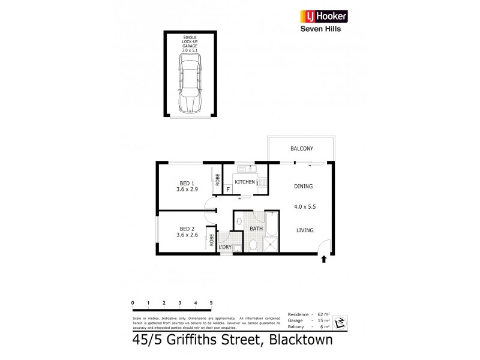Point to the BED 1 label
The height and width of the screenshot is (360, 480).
pyautogui.click(x=187, y=183)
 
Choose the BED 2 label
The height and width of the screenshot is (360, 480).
pyautogui.click(x=187, y=228)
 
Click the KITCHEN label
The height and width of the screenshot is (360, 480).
pyautogui.click(x=244, y=181)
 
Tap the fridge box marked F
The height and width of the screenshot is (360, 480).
pyautogui.click(x=229, y=189)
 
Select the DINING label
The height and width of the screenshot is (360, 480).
pyautogui.click(x=303, y=186)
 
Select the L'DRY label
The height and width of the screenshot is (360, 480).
pyautogui.click(x=225, y=247)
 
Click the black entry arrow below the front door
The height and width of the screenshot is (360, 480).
pyautogui.click(x=324, y=259)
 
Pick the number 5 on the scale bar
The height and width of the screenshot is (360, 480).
pyautogui.click(x=211, y=302)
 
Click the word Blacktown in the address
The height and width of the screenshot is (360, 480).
pyautogui.click(x=298, y=341)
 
